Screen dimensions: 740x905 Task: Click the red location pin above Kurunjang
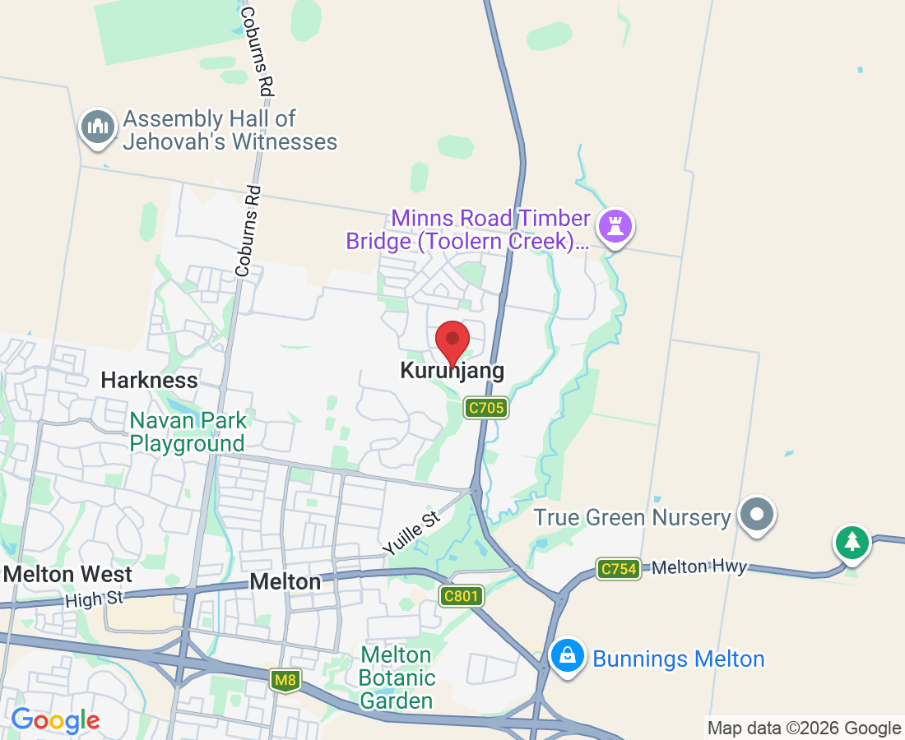pyautogui.click(x=452, y=340)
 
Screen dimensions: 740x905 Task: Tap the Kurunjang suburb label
pyautogui.click(x=452, y=371)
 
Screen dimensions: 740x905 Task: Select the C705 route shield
pyautogui.click(x=485, y=407)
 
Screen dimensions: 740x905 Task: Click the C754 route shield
pyautogui.click(x=619, y=569)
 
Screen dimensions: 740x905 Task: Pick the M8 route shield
pyautogui.click(x=285, y=680)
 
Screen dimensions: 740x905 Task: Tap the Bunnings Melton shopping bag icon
pyautogui.click(x=568, y=657)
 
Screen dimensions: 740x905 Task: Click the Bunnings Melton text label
pyautogui.click(x=679, y=659)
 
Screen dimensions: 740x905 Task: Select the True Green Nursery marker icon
pyautogui.click(x=758, y=515)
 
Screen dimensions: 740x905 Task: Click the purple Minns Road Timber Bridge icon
pyautogui.click(x=616, y=224)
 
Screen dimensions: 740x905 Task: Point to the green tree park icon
pyautogui.click(x=852, y=543)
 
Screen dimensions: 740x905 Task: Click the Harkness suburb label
pyautogui.click(x=149, y=380)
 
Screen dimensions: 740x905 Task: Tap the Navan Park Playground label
pyautogui.click(x=188, y=432)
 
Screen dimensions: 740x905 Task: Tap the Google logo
pyautogui.click(x=55, y=721)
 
